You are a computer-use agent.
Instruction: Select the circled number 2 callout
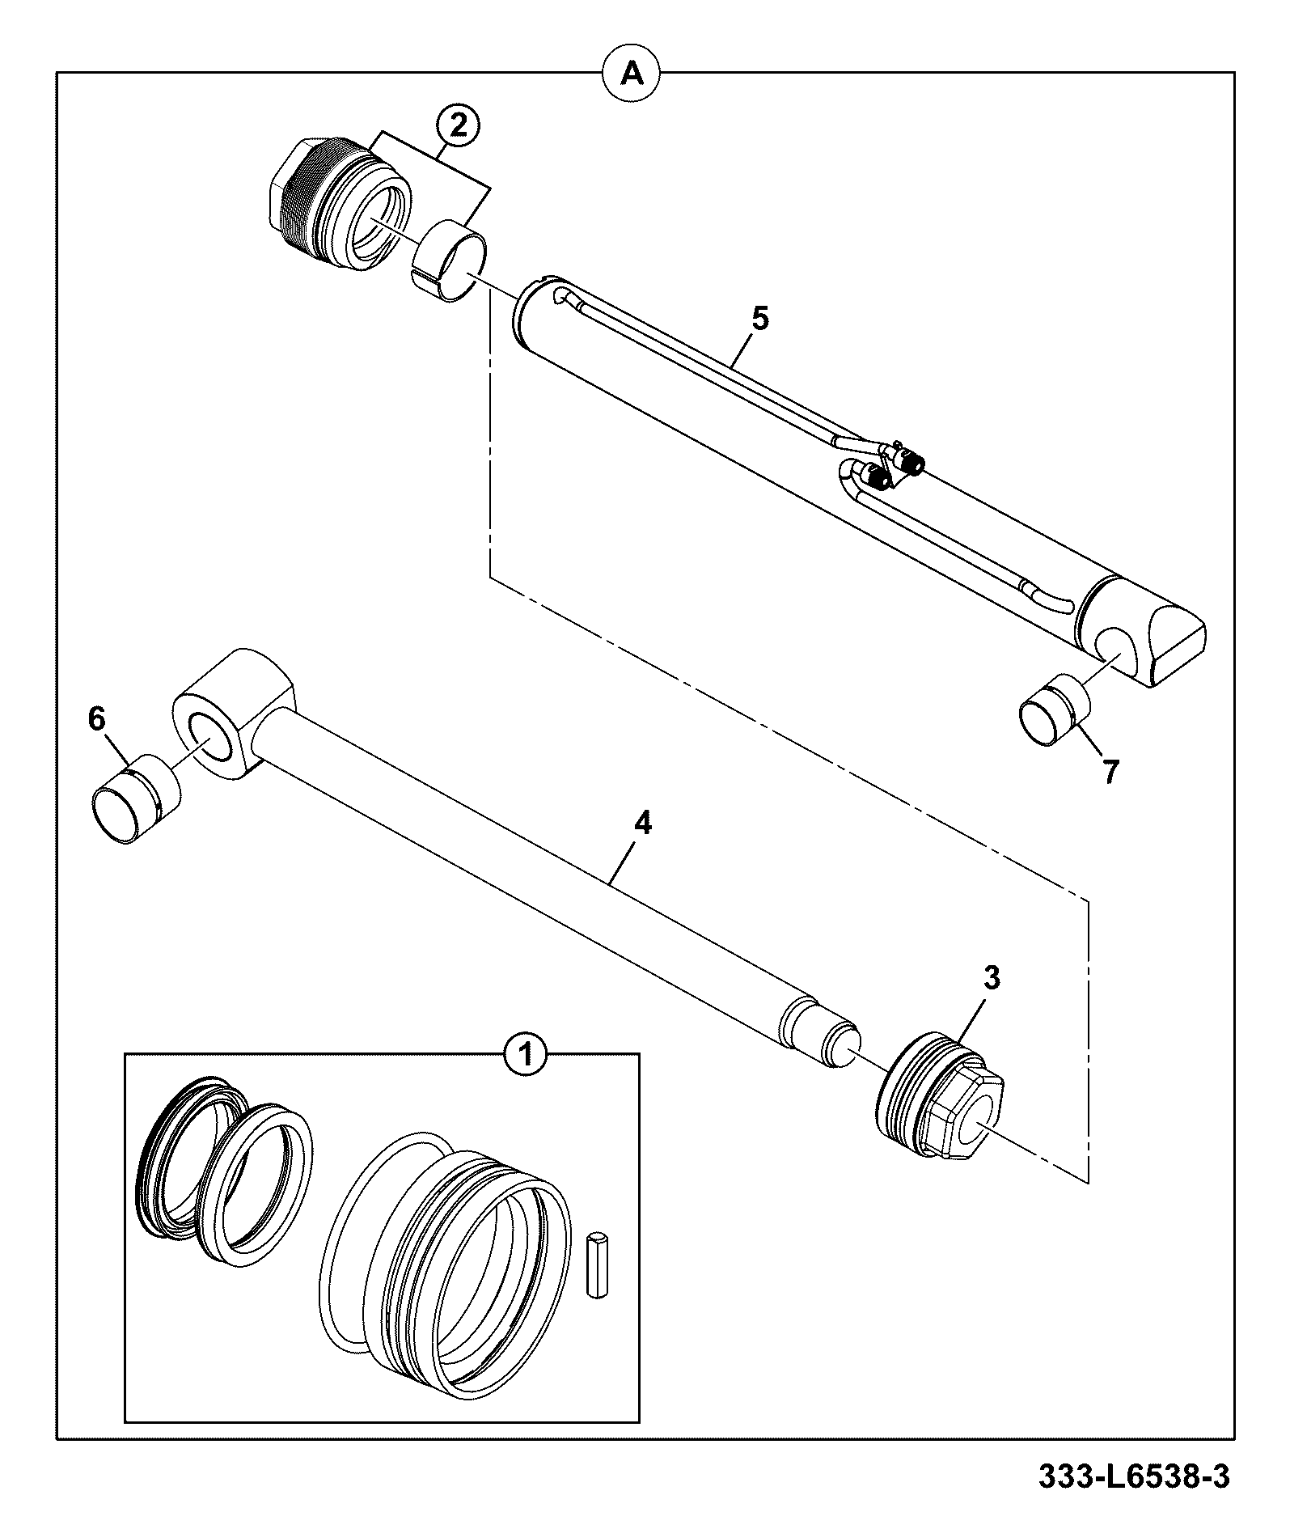click(x=458, y=127)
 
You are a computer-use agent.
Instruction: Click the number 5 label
click(x=759, y=318)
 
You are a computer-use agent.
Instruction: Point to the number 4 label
click(x=641, y=824)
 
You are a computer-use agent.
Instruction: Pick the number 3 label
click(x=992, y=978)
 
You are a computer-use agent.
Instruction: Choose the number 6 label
click(x=97, y=718)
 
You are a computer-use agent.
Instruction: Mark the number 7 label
click(x=1110, y=773)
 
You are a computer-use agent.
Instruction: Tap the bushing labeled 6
click(x=136, y=798)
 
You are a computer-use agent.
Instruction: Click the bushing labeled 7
click(x=1054, y=710)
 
